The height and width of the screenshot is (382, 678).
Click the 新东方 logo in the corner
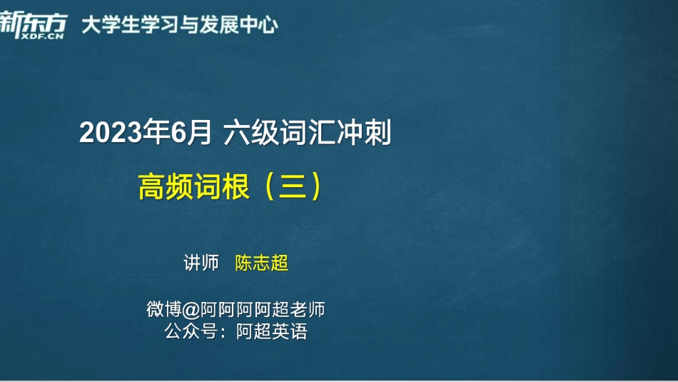pyautogui.click(x=33, y=20)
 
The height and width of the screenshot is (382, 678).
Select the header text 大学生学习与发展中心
pyautogui.click(x=179, y=25)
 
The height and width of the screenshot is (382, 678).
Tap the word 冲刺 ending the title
pyautogui.click(x=363, y=134)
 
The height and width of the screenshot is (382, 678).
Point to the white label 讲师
pyautogui.click(x=201, y=263)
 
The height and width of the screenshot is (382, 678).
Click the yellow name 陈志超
pyautogui.click(x=262, y=263)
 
